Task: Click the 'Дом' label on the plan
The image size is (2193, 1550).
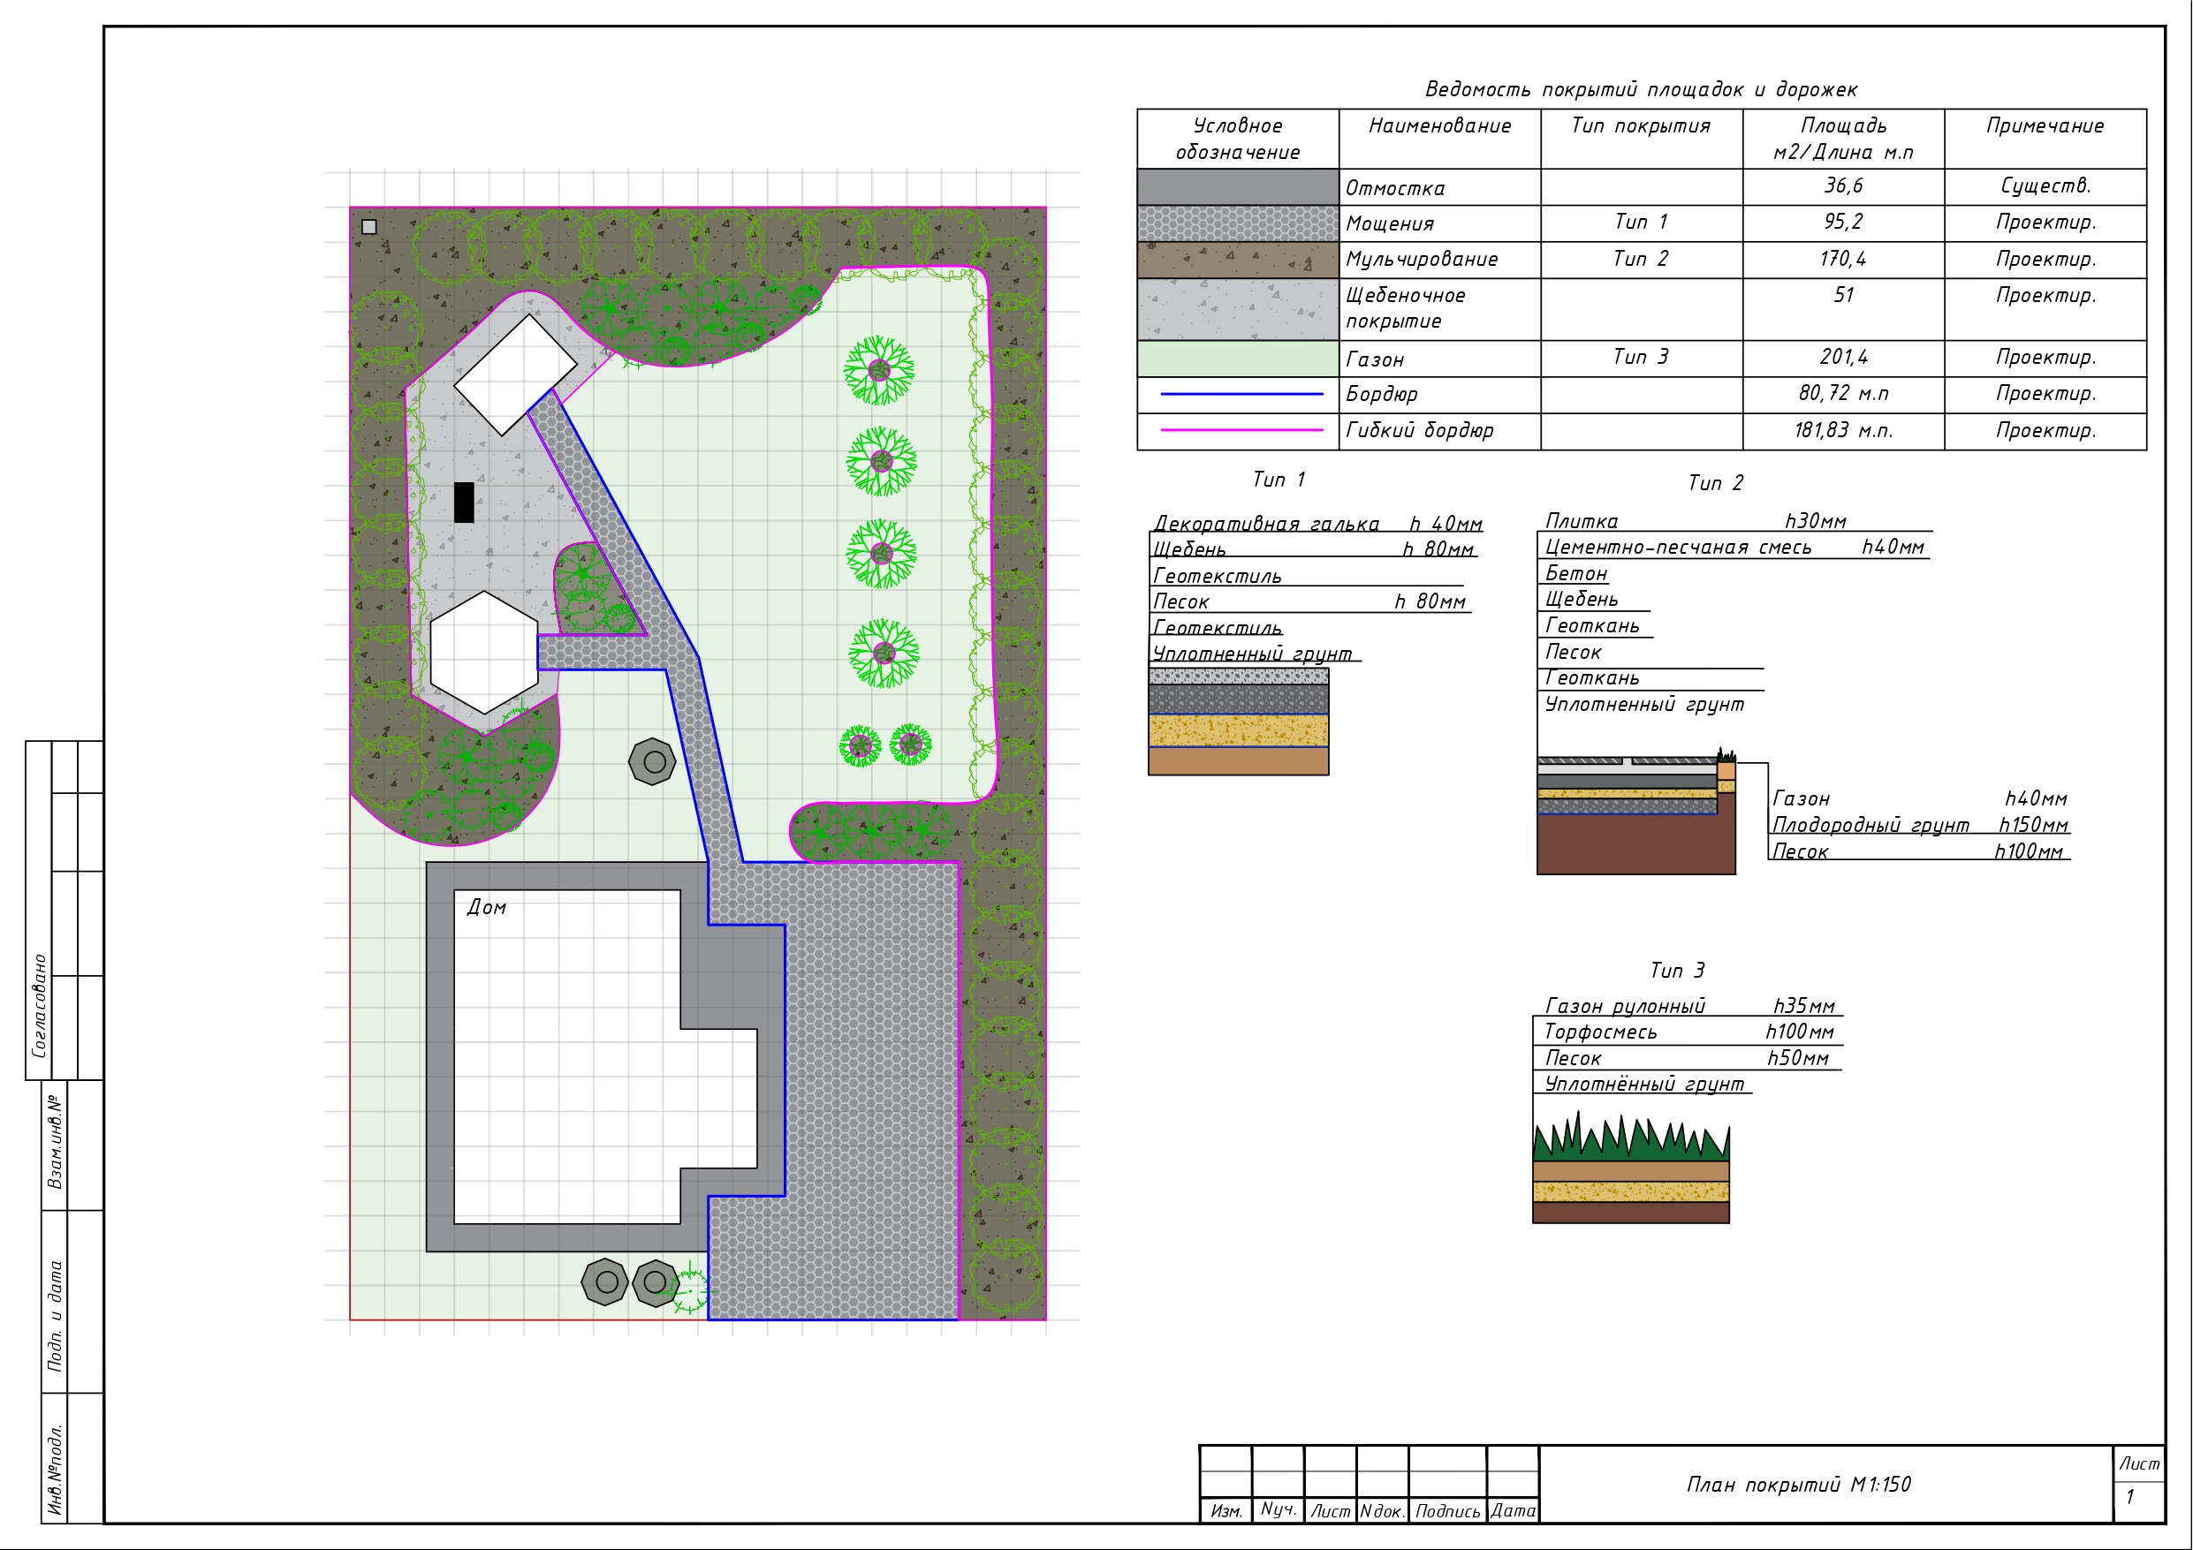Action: click(486, 907)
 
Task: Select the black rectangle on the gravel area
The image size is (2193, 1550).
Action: click(464, 503)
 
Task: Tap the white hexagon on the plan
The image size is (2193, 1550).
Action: click(484, 653)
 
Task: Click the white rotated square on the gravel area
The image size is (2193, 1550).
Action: click(515, 374)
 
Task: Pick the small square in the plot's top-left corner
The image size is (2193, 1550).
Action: click(369, 226)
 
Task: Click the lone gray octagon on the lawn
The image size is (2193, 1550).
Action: click(653, 762)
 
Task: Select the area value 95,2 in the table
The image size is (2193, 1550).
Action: click(1842, 222)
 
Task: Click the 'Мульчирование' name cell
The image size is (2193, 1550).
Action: click(1422, 259)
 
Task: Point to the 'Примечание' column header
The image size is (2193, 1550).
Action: click(2045, 125)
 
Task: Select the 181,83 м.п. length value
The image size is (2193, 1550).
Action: click(1842, 430)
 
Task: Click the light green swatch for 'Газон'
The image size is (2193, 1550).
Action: click(1238, 358)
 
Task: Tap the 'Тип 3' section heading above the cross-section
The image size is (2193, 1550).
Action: click(1677, 971)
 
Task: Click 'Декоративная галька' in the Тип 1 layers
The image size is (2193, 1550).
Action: click(1266, 524)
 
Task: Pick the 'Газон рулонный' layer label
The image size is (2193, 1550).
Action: click(1625, 1006)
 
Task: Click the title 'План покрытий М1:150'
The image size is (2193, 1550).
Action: click(1799, 1484)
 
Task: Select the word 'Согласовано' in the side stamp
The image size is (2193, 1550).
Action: click(39, 1005)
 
